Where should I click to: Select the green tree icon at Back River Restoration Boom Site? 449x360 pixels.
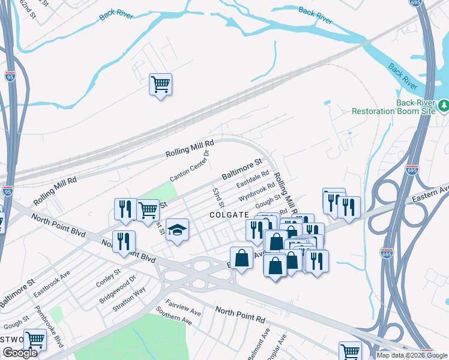pos(444,106)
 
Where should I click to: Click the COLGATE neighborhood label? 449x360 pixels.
pos(229,215)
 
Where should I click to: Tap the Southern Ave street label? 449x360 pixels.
pos(173,317)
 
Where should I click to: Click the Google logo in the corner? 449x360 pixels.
pos(20,353)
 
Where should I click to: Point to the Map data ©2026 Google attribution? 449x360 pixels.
pos(412,355)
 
